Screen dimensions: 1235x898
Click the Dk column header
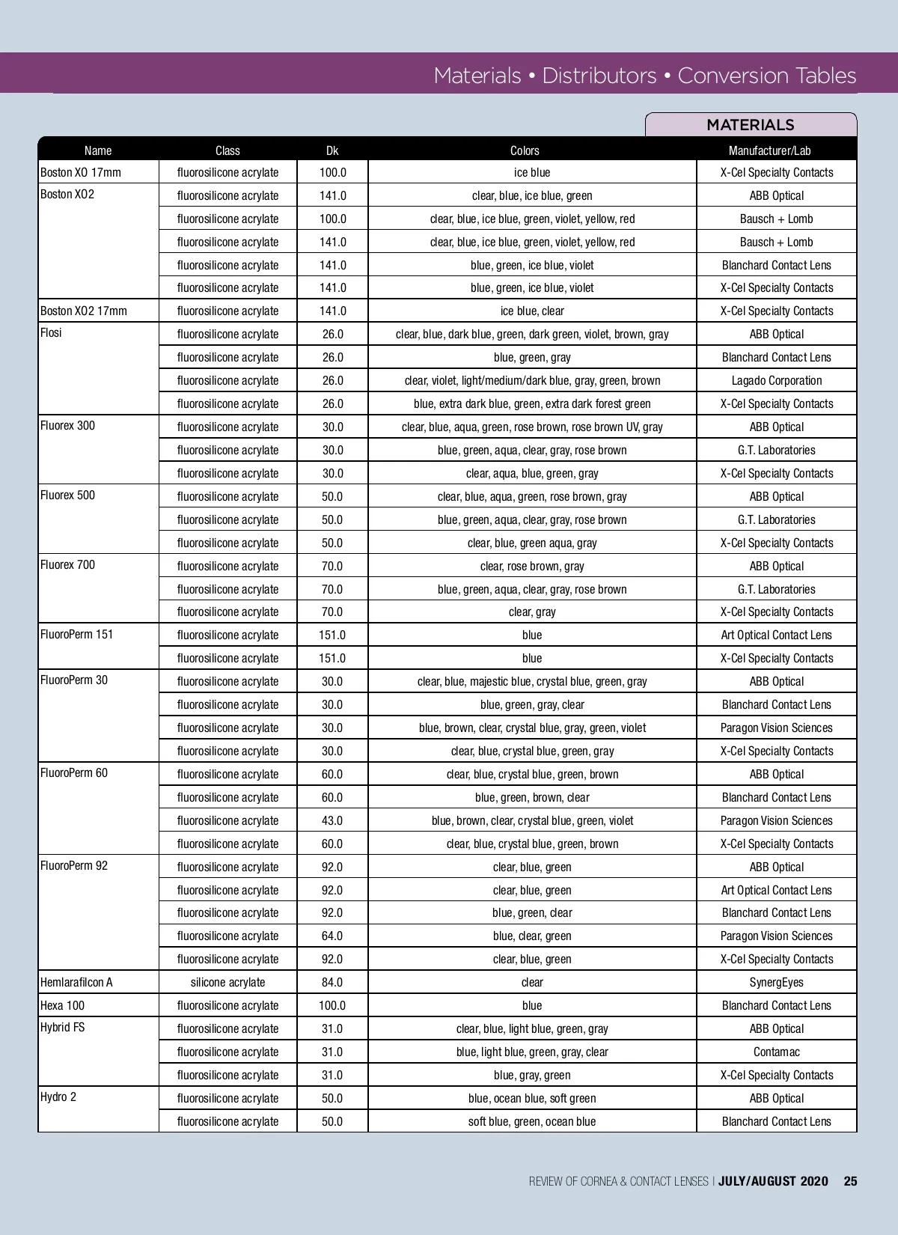[x=332, y=150]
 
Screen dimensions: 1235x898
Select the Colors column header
[x=525, y=150]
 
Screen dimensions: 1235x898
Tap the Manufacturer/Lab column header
[x=769, y=150]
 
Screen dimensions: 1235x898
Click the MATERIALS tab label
[x=750, y=125]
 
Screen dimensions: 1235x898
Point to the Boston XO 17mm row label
[x=81, y=172]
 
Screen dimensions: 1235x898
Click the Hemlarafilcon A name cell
[x=76, y=982]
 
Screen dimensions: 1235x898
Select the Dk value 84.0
[x=332, y=982]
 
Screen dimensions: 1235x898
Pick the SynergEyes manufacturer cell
[x=776, y=982]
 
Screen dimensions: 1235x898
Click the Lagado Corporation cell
[x=776, y=380]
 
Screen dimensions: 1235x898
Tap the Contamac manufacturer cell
[x=776, y=1052]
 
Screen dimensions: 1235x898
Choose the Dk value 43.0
[x=332, y=820]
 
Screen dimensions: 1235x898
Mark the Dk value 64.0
[x=332, y=936]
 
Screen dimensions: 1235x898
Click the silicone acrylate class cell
[x=227, y=982]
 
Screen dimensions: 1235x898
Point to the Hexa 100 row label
[x=63, y=1005]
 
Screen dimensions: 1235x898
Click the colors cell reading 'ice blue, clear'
[x=532, y=311]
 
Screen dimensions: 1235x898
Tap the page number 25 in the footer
[x=850, y=1181]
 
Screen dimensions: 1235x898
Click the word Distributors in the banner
[x=599, y=76]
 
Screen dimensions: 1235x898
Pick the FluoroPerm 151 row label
[x=77, y=634]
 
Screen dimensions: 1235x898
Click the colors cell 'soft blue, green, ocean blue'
[x=532, y=1121]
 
